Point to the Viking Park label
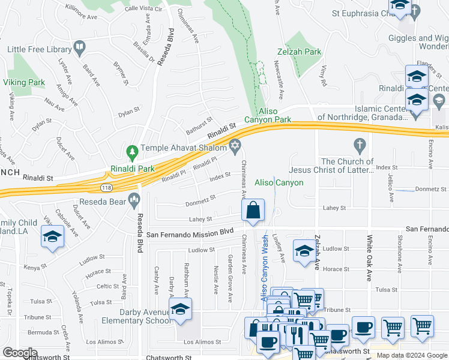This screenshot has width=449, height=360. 24,82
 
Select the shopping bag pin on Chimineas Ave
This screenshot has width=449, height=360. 253,211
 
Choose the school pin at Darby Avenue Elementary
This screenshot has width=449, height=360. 179,310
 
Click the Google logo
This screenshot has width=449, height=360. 19,353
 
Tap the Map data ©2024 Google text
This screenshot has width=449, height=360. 412,355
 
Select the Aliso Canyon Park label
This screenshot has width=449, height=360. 275,116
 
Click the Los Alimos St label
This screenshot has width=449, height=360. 197,341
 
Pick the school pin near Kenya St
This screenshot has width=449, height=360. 52,237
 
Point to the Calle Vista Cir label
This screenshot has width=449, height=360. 143,10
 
